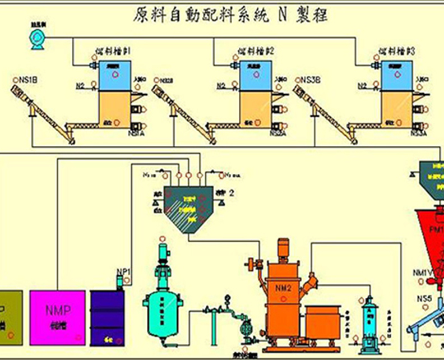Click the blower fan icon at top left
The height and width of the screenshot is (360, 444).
(37, 37)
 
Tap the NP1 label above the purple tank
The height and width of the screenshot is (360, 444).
(123, 272)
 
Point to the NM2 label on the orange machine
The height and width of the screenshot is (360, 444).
(283, 289)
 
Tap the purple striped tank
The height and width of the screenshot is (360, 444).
(107, 318)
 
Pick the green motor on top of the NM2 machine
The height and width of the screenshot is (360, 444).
(284, 247)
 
